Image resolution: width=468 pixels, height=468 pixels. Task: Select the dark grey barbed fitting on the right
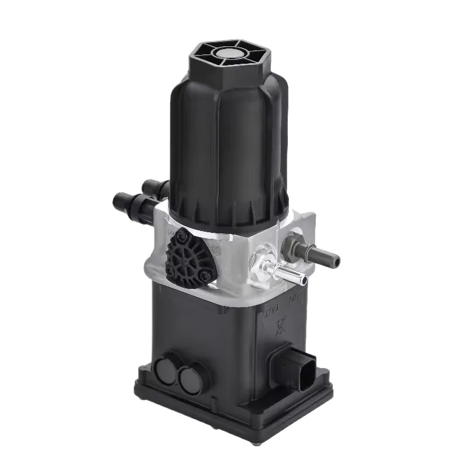(x=316, y=253)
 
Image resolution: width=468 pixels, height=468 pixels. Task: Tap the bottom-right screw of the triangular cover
(x=202, y=276)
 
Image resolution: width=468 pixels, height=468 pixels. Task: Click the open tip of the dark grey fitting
(x=335, y=258)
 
